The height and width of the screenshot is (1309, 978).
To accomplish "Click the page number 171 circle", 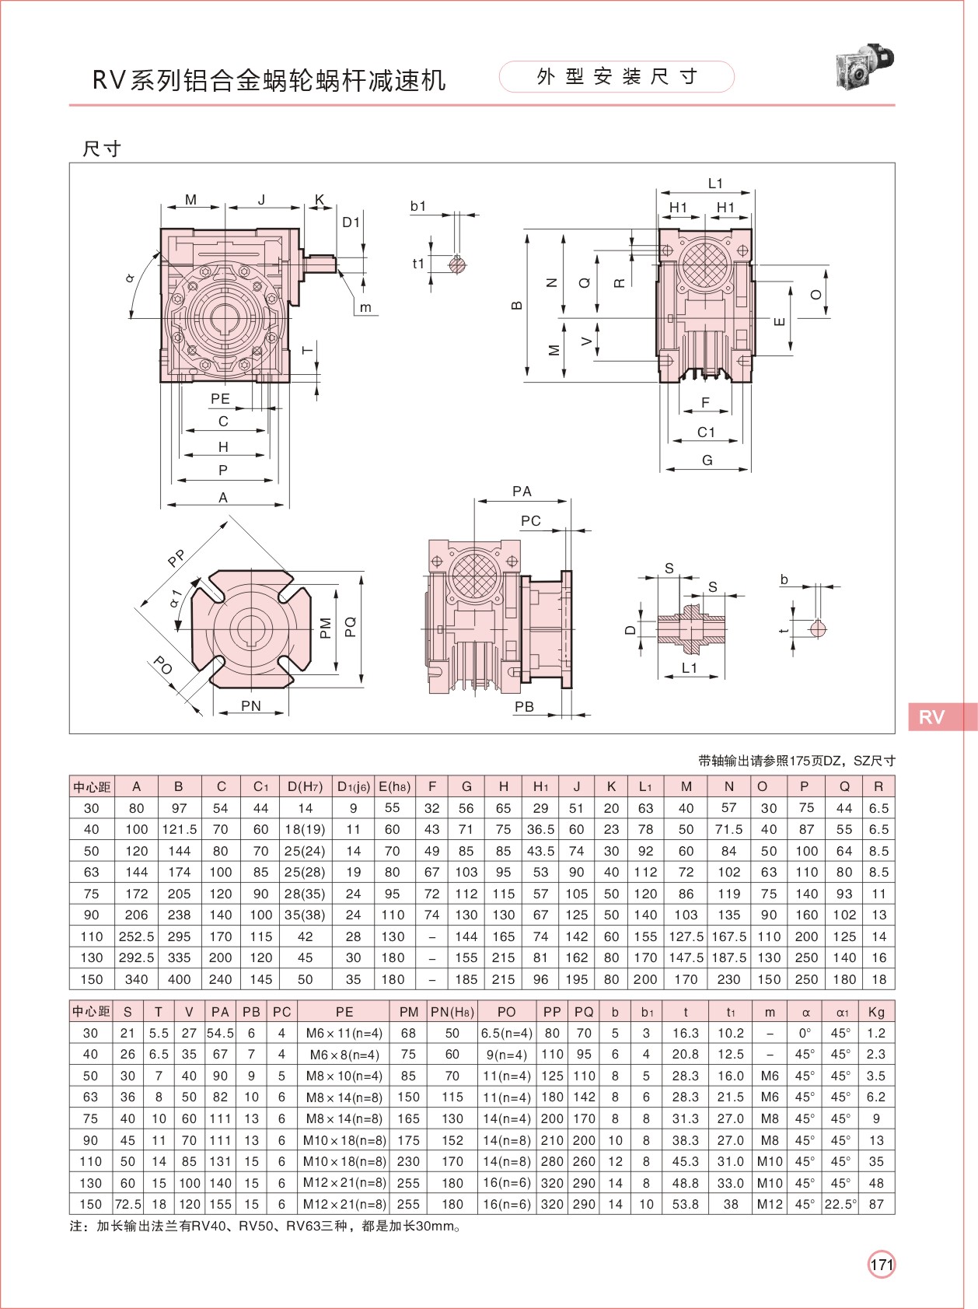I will (x=881, y=1264).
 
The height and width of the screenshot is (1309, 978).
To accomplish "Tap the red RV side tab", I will (x=941, y=716).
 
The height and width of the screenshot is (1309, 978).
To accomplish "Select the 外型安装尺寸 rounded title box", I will (x=616, y=77).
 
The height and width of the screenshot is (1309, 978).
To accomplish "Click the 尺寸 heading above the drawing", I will (x=102, y=149).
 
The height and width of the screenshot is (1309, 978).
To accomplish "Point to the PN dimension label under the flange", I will (x=250, y=705).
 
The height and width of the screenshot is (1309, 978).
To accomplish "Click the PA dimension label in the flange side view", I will (x=522, y=492).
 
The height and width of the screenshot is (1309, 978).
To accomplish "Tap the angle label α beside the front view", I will (x=130, y=278).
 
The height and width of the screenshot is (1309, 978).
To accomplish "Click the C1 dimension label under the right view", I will (x=706, y=432).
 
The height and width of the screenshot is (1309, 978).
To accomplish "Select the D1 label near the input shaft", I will (x=351, y=222).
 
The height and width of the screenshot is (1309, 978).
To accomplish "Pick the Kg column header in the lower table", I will (x=876, y=1012).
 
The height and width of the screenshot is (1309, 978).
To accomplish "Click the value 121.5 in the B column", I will (x=179, y=830).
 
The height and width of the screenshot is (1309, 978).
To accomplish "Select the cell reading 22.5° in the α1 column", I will (x=841, y=1204).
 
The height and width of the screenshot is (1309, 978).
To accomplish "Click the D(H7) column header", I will (x=305, y=786).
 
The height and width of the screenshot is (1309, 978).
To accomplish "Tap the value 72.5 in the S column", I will (x=128, y=1204).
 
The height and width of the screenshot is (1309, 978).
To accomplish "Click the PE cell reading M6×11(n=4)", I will (x=344, y=1033).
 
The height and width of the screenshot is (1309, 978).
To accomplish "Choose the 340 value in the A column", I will (x=136, y=979).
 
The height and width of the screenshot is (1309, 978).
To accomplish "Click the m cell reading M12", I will (x=770, y=1204).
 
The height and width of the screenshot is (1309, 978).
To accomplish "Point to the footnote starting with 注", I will (x=264, y=1227).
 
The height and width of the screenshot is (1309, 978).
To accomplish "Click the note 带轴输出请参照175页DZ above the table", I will (x=796, y=761).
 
